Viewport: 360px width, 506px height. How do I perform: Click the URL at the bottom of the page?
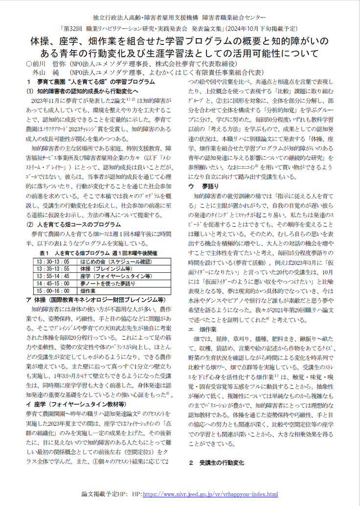point(211,495)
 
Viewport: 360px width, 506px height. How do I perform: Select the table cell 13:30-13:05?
point(53,262)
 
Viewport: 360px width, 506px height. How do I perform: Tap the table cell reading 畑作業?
point(88,290)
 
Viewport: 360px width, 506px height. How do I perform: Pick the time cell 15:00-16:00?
point(53,290)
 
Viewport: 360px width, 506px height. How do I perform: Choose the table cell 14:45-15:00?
point(53,283)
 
